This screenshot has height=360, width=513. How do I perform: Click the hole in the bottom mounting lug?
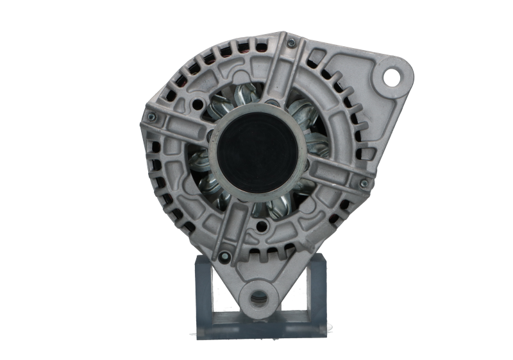260,297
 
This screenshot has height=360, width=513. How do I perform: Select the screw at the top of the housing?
291,43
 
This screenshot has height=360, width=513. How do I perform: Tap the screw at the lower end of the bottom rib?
223,255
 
